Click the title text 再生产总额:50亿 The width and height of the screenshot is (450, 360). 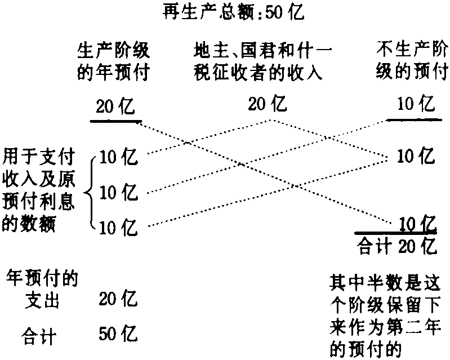click(x=231, y=12)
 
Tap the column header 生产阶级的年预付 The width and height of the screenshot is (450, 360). click(x=113, y=63)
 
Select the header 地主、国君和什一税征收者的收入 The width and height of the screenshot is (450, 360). click(x=261, y=63)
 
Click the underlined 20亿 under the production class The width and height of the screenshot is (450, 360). click(x=115, y=106)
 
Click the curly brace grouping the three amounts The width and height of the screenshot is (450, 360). click(x=92, y=193)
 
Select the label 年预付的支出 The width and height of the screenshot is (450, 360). click(x=42, y=288)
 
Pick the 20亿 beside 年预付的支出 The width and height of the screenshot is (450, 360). click(x=118, y=298)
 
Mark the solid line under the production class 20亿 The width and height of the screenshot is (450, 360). click(x=115, y=121)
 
